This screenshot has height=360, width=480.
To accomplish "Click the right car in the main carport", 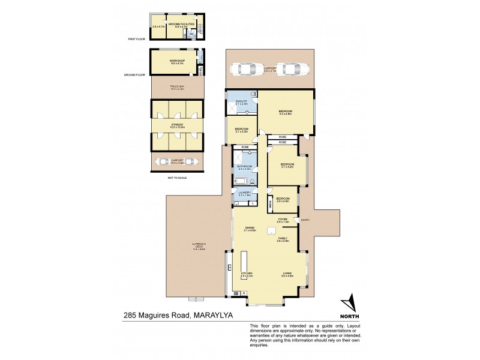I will (x=289, y=69).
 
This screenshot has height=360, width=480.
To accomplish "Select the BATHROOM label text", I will (x=244, y=166).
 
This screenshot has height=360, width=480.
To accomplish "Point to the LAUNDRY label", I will (x=244, y=193).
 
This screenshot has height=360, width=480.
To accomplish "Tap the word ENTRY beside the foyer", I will (x=305, y=220).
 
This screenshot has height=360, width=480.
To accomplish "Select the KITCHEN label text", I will (x=247, y=274).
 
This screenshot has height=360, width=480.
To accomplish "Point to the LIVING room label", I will (x=287, y=274).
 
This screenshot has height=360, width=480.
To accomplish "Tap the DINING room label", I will (x=250, y=227).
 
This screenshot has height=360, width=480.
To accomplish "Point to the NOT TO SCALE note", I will (x=176, y=178).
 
